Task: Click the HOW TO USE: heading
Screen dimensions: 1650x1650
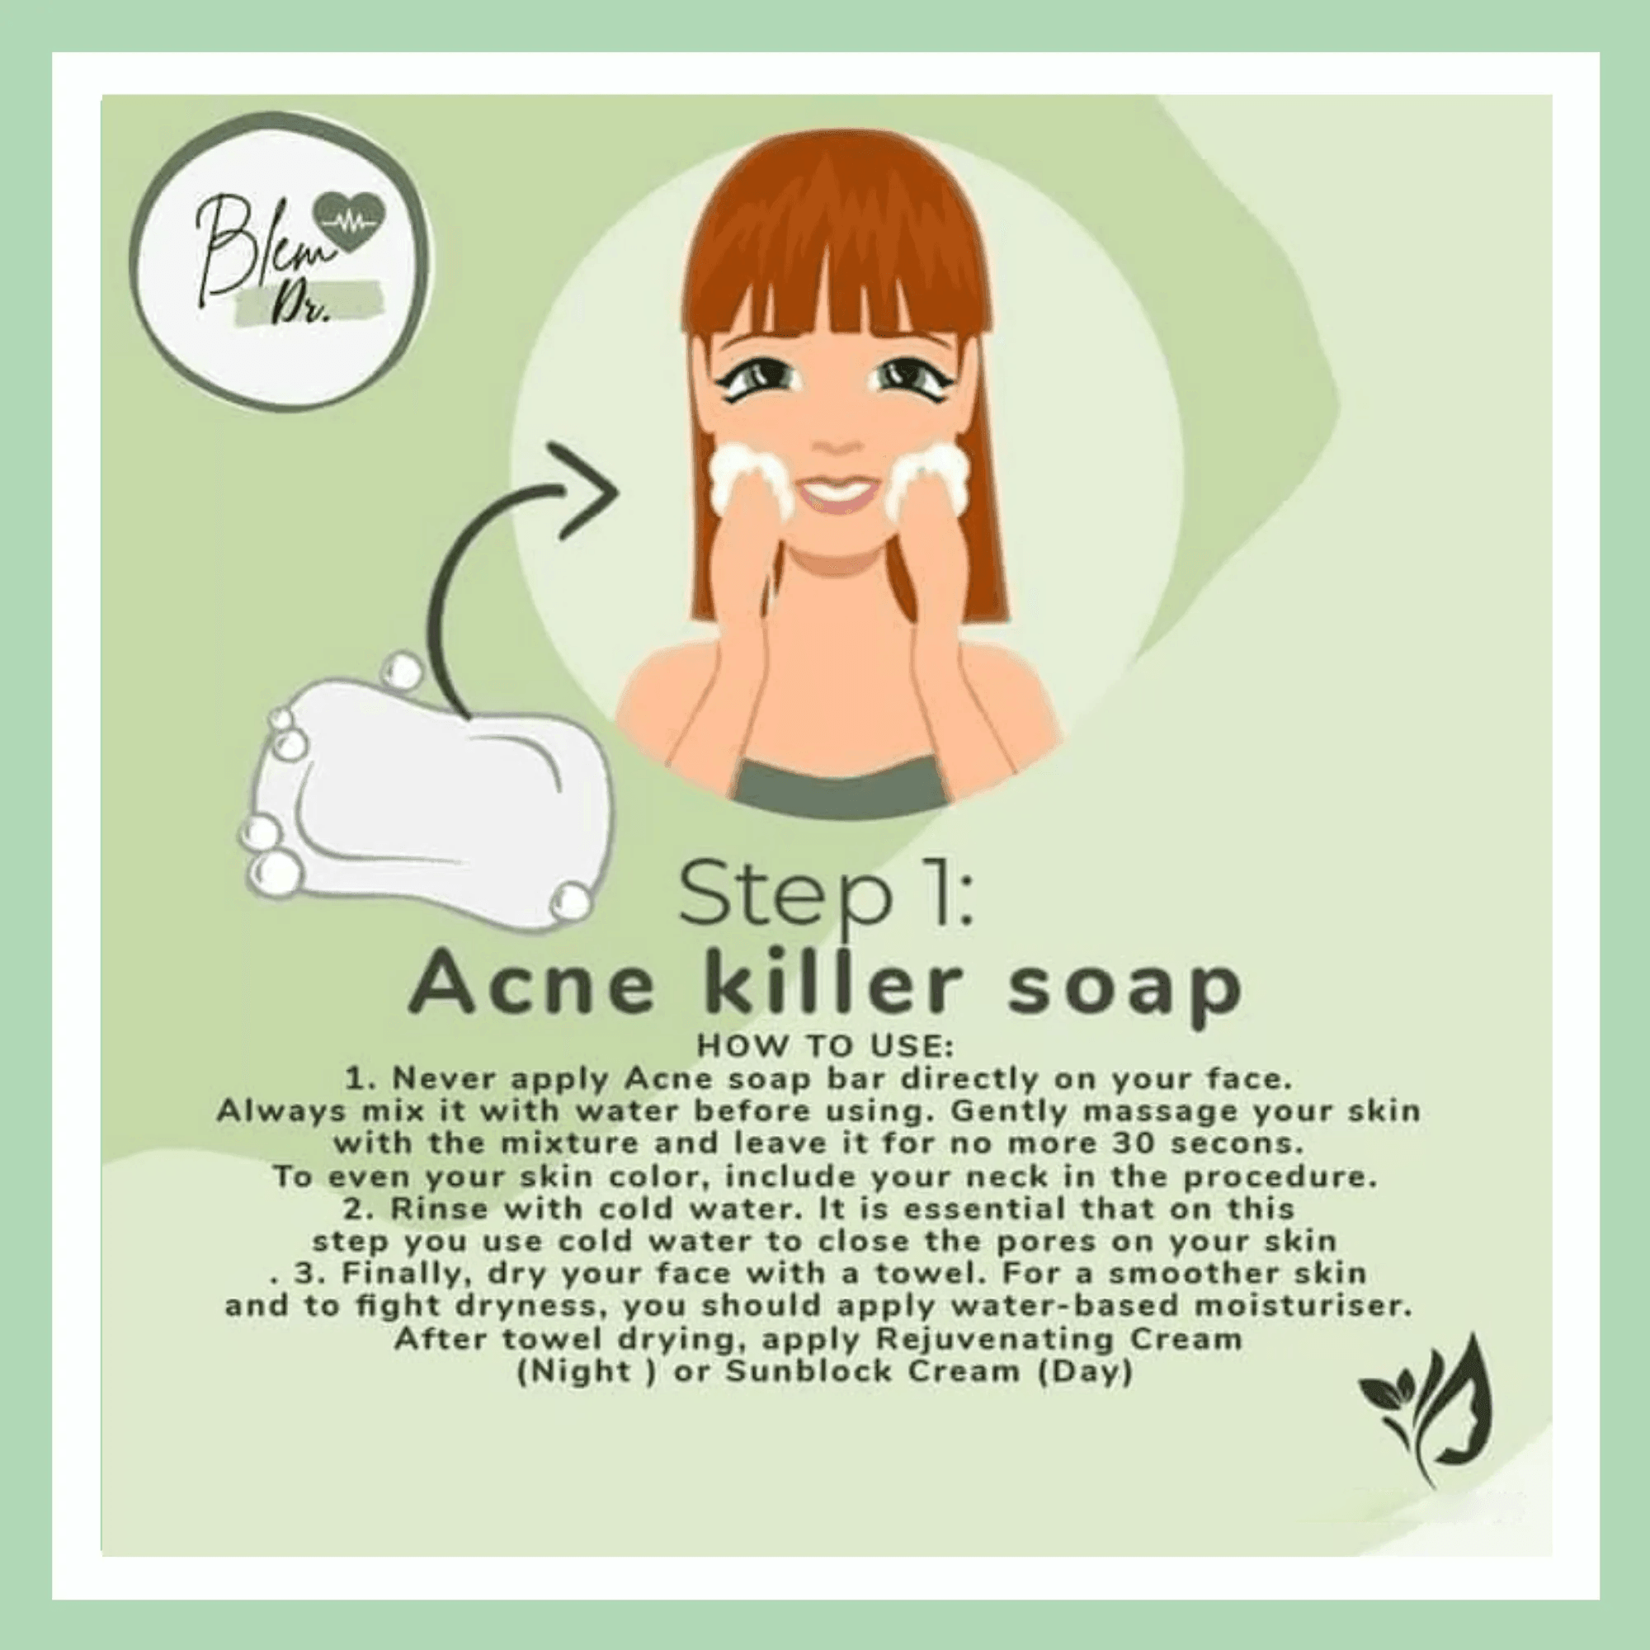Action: point(825,1046)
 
